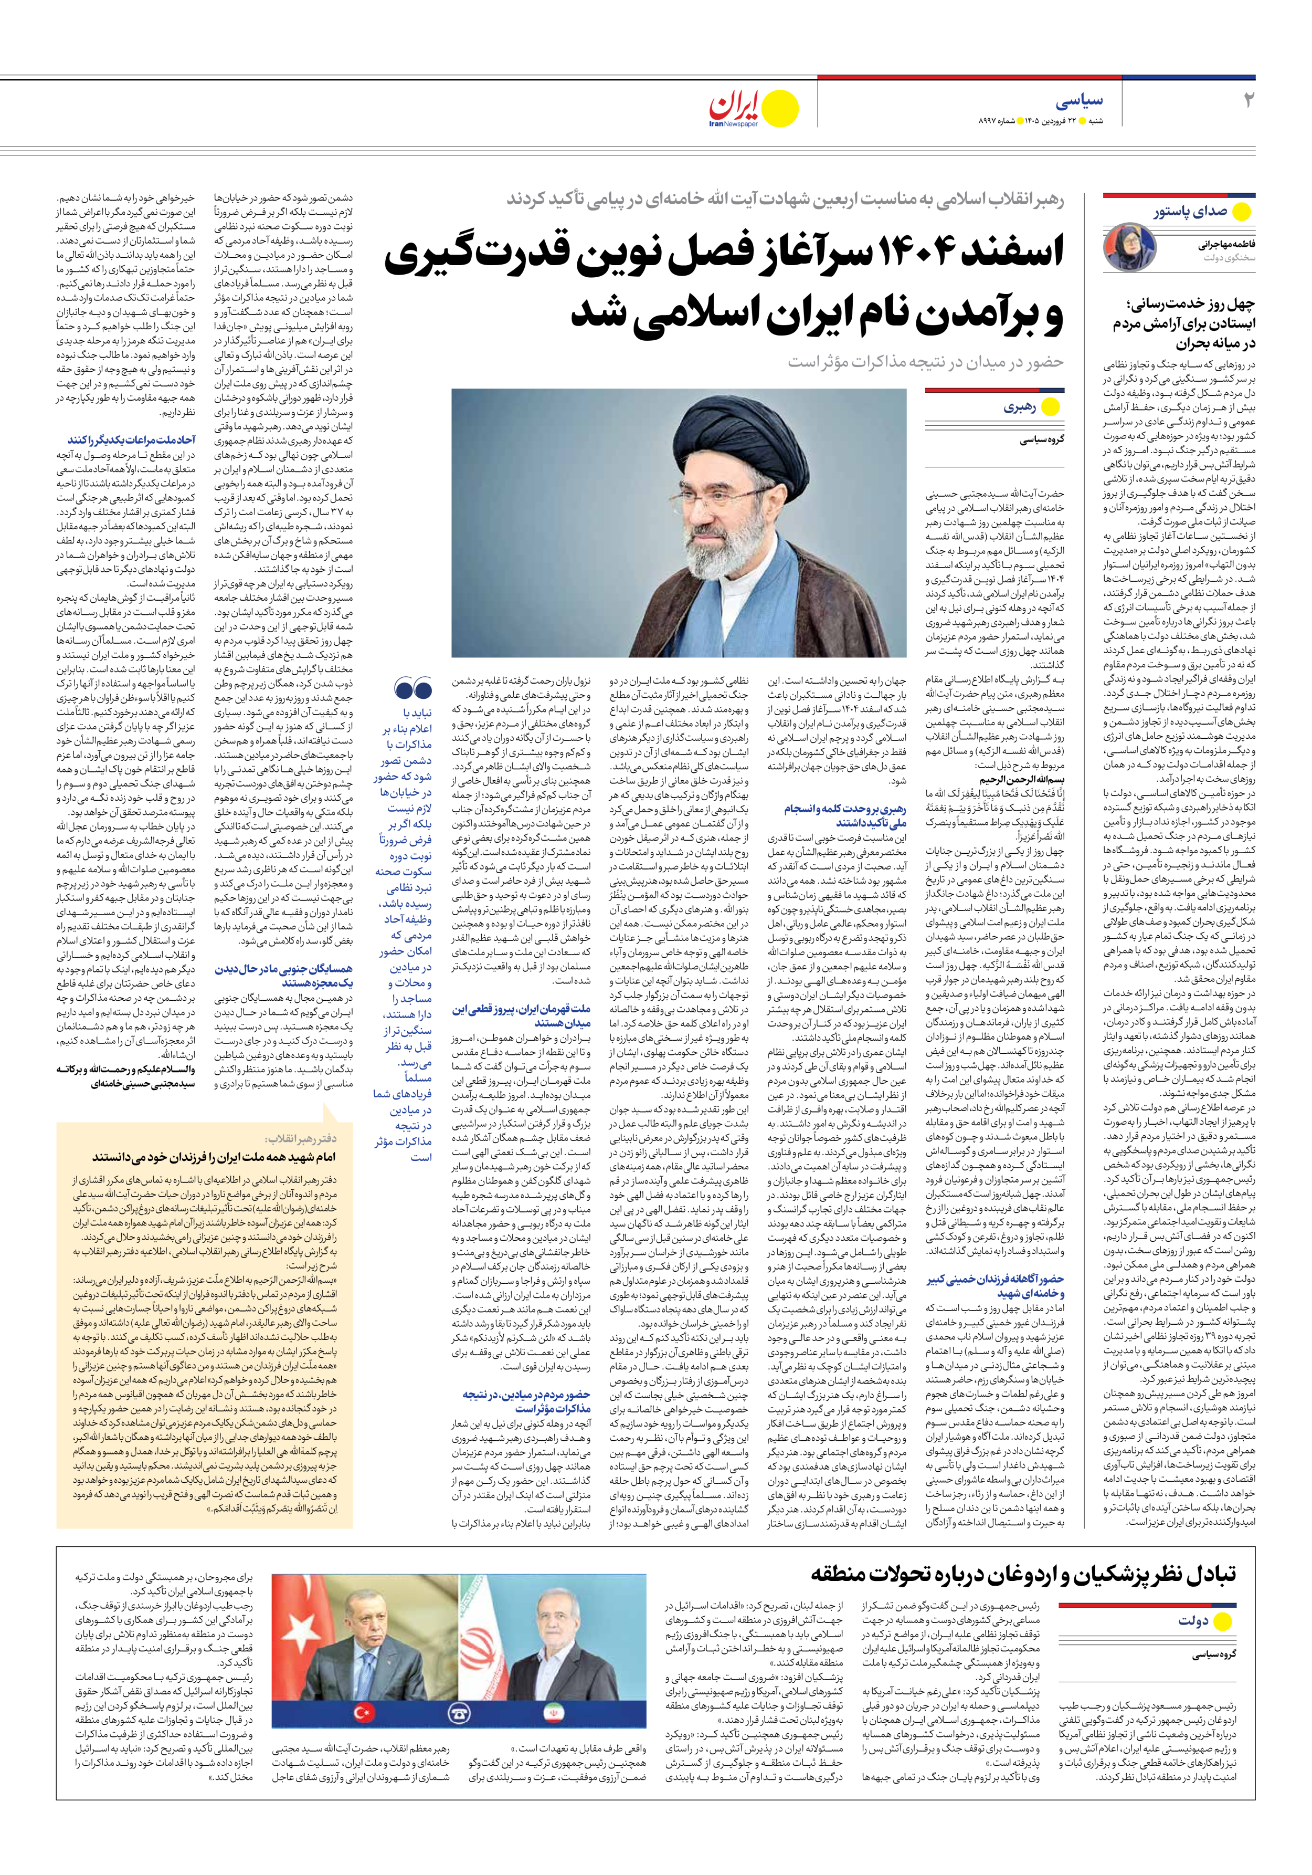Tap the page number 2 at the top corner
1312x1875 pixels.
[x=1247, y=101]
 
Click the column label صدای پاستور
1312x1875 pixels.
[x=1190, y=212]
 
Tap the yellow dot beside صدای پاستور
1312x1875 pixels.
[x=1240, y=212]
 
